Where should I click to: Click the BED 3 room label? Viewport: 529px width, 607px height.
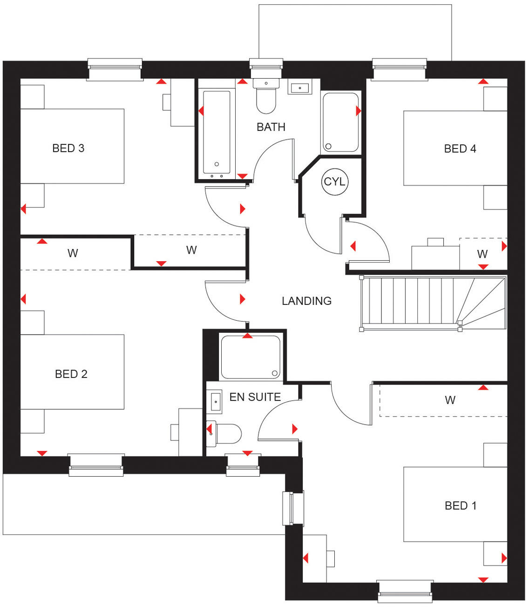tap(68, 148)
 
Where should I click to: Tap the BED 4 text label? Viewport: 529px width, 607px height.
tap(460, 148)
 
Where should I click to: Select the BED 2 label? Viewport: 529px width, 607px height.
tap(71, 374)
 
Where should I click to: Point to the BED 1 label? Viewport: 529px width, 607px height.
tap(461, 506)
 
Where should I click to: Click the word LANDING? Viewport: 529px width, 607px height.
tap(306, 301)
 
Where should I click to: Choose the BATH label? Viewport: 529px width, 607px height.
tap(271, 127)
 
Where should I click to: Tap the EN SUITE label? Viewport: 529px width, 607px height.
tap(255, 397)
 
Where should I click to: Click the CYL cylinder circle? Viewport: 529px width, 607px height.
tap(334, 182)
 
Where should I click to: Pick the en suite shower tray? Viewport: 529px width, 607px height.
tap(251, 357)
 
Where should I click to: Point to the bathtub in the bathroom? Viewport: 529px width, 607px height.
tap(217, 132)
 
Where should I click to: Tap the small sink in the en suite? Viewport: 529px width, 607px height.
tap(216, 402)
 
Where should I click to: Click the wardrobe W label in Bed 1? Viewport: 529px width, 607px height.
tap(450, 400)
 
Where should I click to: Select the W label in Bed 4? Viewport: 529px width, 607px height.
tap(482, 254)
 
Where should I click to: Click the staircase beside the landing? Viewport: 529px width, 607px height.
tap(433, 303)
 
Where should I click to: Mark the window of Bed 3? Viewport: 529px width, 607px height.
tap(115, 69)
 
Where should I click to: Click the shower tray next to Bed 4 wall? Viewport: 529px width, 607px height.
tap(340, 122)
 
